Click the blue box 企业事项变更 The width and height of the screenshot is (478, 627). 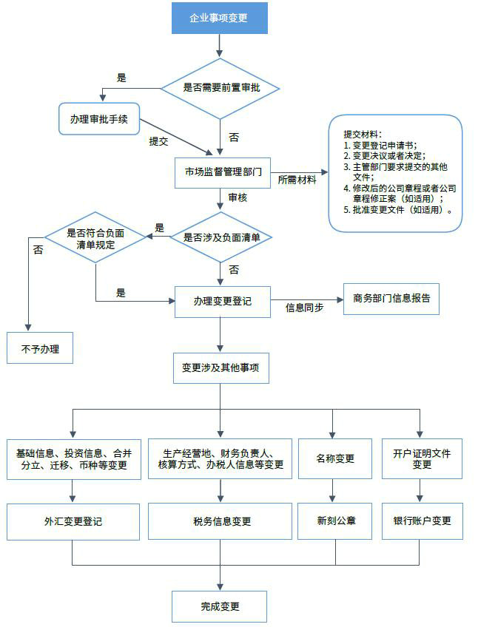[x=219, y=18]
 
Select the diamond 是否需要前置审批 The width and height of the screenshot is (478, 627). [x=221, y=88]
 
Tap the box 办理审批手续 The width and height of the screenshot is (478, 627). [x=99, y=119]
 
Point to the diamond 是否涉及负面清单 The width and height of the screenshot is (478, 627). [x=221, y=237]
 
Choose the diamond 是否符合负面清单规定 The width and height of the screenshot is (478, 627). [x=95, y=238]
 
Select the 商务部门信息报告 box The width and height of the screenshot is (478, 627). [x=391, y=299]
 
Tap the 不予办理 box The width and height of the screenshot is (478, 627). [x=40, y=348]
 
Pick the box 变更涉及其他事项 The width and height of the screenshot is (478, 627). [x=221, y=367]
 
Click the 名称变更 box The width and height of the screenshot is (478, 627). [x=335, y=458]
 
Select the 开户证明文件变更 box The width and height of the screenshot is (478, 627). [x=422, y=458]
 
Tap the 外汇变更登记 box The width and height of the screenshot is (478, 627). [x=73, y=521]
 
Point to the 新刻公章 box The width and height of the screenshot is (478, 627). [x=335, y=521]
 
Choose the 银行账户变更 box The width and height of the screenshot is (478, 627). [x=422, y=521]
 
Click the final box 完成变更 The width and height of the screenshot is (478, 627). [x=220, y=606]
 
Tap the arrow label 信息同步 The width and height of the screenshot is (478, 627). [x=304, y=308]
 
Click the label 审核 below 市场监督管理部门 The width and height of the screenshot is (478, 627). [x=238, y=197]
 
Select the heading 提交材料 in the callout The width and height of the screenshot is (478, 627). [x=363, y=135]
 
